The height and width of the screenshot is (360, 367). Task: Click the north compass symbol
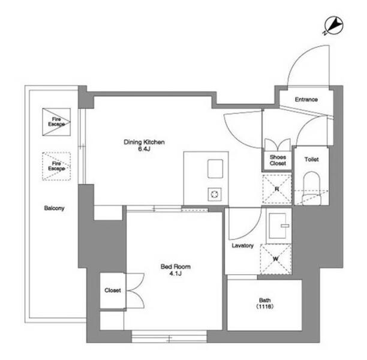pos(333,26)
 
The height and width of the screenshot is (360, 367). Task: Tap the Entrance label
pos(306,100)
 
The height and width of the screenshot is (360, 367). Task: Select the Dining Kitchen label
pos(144,142)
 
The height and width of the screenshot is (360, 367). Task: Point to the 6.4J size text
pos(144,149)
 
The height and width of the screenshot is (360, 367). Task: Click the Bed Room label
pos(176,266)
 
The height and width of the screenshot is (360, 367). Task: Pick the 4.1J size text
pos(176,274)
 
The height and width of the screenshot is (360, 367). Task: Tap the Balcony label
pos(54,208)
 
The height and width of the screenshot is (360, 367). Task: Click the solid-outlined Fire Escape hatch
pos(56,122)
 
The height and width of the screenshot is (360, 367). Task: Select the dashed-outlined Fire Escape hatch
pos(56,166)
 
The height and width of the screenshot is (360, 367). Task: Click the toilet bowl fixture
pos(311,188)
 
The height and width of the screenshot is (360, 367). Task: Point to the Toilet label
pos(311,160)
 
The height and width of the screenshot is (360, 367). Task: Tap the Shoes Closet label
pos(278,160)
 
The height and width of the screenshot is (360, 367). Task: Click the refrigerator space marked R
pos(277,189)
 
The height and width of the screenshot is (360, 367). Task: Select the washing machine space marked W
pos(276,259)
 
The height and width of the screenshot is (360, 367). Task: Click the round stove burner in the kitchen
pos(215,194)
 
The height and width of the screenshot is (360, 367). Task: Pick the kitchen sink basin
pos(215,169)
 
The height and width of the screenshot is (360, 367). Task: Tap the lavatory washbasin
pos(278,226)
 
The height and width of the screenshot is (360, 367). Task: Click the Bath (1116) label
pos(264,304)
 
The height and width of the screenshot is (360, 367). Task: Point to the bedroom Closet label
pos(113,290)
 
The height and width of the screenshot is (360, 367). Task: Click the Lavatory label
pos(243,245)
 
